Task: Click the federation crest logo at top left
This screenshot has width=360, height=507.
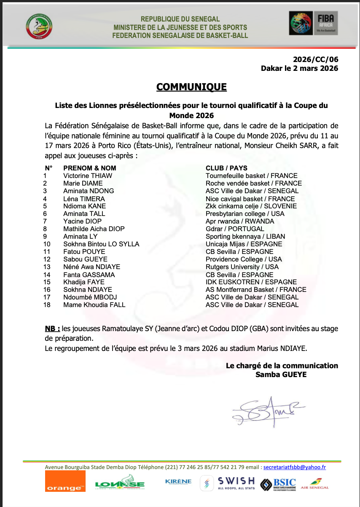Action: click(x=39, y=27)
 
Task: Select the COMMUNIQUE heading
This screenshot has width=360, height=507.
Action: click(x=191, y=87)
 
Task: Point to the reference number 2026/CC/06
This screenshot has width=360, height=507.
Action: click(x=316, y=59)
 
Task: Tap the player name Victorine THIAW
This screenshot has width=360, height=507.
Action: click(x=88, y=175)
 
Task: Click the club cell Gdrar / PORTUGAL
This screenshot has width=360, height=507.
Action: click(x=235, y=229)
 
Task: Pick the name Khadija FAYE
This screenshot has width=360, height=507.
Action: click(x=84, y=282)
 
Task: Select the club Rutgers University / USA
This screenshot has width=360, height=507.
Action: click(x=242, y=267)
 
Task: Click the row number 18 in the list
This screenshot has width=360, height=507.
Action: click(x=47, y=305)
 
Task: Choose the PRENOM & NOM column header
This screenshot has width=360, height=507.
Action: click(x=90, y=168)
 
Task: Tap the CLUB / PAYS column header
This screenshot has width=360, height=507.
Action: click(x=226, y=168)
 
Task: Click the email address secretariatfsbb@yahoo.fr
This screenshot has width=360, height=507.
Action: click(x=294, y=467)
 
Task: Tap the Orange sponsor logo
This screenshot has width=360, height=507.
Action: click(x=65, y=482)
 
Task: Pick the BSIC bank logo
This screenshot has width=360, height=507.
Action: click(x=278, y=484)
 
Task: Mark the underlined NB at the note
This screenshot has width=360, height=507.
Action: click(x=52, y=328)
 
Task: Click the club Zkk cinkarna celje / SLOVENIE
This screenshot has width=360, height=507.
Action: click(x=251, y=206)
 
